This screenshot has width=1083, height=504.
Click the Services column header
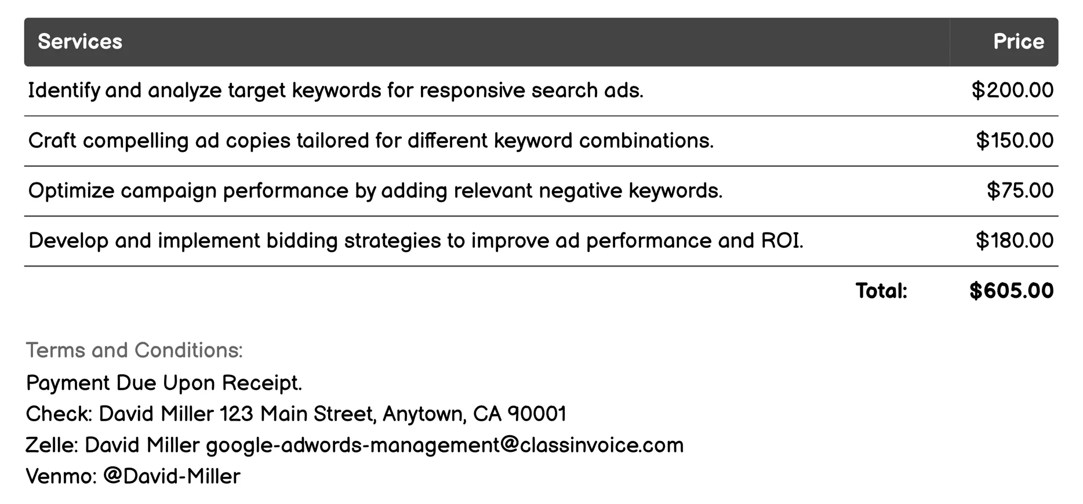pyautogui.click(x=80, y=42)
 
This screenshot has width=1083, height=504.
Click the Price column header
pyautogui.click(x=1018, y=42)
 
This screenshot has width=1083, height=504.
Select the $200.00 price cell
pyautogui.click(x=1012, y=90)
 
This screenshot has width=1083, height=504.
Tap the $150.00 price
pyautogui.click(x=1015, y=141)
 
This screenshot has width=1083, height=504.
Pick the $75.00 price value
pyautogui.click(x=1020, y=191)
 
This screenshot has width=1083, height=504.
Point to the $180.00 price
pyautogui.click(x=1015, y=240)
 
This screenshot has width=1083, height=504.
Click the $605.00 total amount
pyautogui.click(x=1011, y=291)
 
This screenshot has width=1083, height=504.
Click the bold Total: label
pyautogui.click(x=881, y=291)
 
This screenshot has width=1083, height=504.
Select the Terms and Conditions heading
pyautogui.click(x=135, y=350)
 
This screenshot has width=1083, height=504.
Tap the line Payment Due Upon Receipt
pyautogui.click(x=164, y=383)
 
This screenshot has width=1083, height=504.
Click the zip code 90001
pyautogui.click(x=537, y=414)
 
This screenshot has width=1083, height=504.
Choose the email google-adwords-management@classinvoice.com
pyautogui.click(x=445, y=445)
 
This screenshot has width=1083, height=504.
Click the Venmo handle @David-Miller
pyautogui.click(x=172, y=476)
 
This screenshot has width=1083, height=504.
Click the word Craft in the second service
pyautogui.click(x=52, y=141)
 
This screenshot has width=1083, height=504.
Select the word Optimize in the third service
pyautogui.click(x=71, y=191)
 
